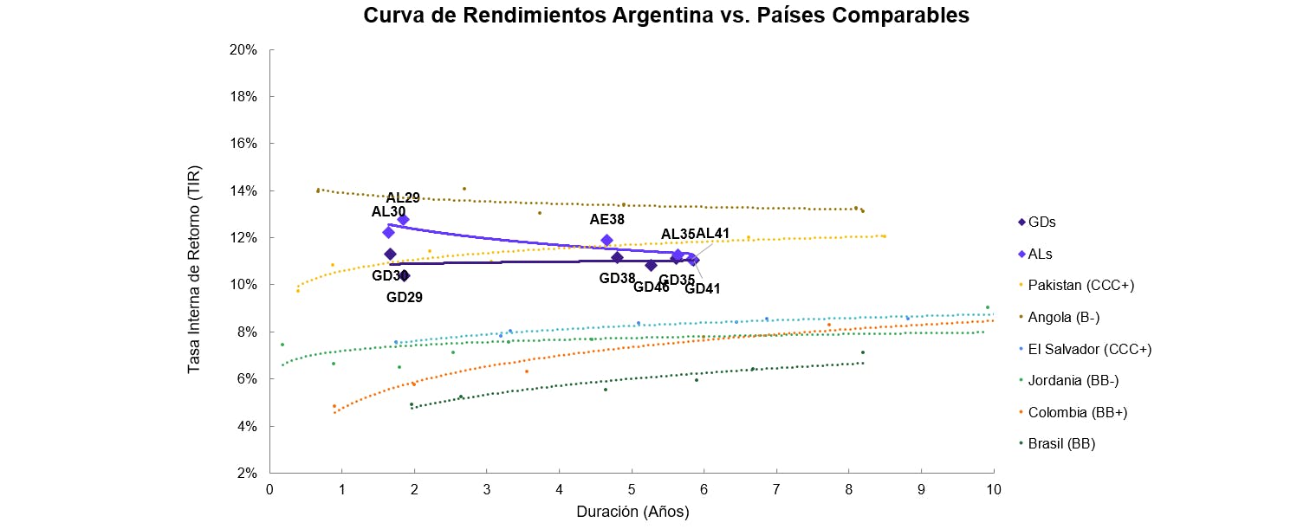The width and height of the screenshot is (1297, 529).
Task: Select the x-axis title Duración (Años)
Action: point(632,512)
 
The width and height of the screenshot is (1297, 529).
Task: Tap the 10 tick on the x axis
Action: point(993,489)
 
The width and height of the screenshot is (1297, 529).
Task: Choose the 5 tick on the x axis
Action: point(632,489)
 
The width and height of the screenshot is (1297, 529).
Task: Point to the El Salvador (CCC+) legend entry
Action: point(1089,349)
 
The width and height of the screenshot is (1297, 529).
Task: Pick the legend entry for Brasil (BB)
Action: point(1061,444)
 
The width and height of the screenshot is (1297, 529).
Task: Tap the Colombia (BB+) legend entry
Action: point(1077,412)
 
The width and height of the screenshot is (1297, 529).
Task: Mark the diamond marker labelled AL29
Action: point(403,220)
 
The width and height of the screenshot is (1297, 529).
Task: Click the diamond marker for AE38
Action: point(606,240)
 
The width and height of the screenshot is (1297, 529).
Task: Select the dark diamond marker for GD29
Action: point(404,276)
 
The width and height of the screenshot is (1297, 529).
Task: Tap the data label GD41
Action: point(703,288)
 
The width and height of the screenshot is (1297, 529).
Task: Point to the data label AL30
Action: point(388,211)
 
